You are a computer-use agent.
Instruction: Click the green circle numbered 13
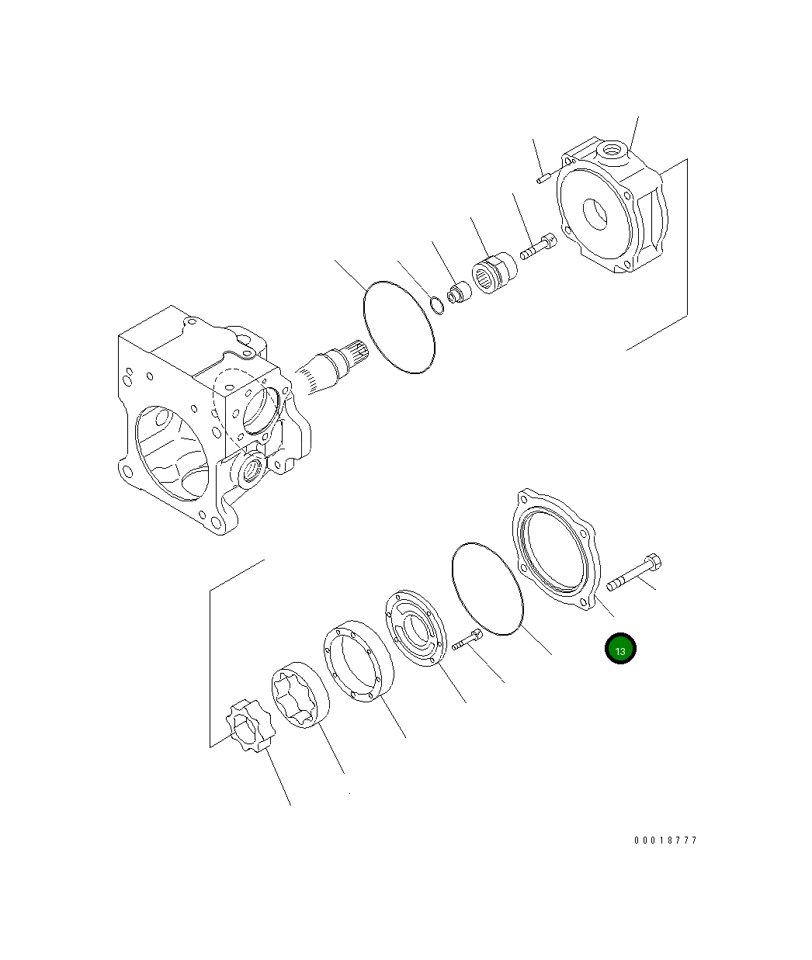[620, 650]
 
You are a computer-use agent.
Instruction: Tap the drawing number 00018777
[665, 840]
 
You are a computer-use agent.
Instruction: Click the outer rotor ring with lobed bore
[300, 695]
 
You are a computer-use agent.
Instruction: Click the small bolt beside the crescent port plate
[466, 640]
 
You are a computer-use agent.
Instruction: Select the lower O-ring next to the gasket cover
[487, 588]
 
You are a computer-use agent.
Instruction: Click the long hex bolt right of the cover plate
[633, 573]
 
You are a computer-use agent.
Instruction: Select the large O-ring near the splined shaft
[398, 327]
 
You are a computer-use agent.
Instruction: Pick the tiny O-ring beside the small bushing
[437, 305]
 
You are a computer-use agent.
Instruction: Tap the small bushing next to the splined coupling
[459, 292]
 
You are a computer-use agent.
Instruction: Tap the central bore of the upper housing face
[596, 215]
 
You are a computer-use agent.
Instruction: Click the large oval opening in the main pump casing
[172, 454]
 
